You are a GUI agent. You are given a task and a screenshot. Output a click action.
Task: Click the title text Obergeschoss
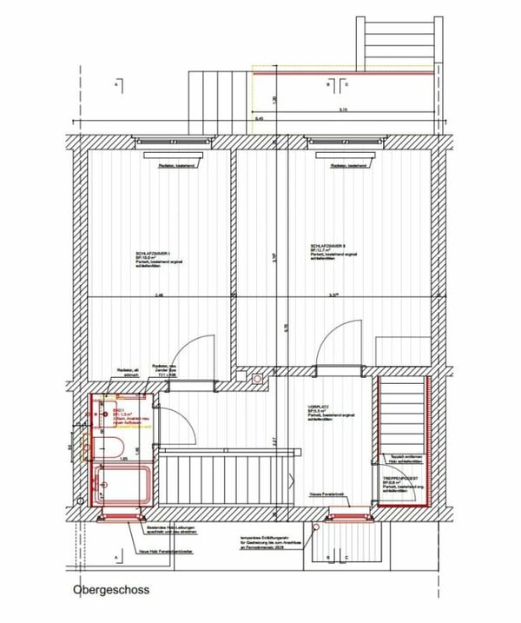[x=110, y=590]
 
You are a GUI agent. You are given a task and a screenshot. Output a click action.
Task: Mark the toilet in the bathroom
[x=113, y=447]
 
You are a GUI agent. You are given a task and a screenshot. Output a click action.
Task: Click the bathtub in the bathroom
[x=124, y=483]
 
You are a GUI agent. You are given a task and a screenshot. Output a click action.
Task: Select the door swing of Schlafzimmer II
[x=339, y=338]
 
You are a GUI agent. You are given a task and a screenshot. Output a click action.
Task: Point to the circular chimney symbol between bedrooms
[x=257, y=379]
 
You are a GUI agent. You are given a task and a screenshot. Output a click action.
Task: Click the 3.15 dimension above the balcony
[x=343, y=110]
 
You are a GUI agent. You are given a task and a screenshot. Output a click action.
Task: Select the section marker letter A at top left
[x=115, y=85]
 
